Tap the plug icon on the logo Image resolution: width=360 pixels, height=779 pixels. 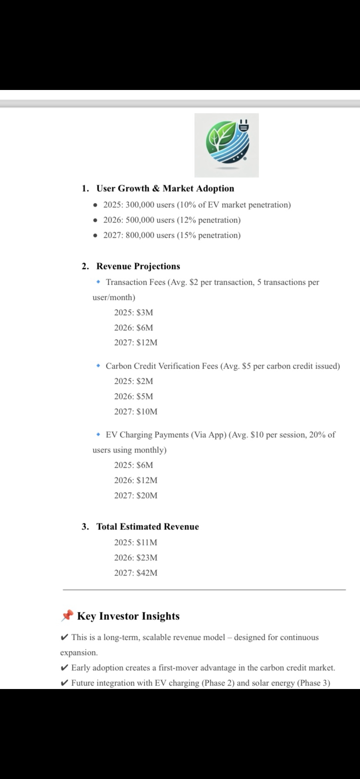tap(243, 126)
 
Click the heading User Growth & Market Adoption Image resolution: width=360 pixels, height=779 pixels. tap(165, 189)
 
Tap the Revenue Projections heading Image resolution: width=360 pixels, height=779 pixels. tap(138, 266)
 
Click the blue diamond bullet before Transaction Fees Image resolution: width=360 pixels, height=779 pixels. tap(99, 282)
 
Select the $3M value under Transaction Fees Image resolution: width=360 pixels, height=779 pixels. tap(145, 313)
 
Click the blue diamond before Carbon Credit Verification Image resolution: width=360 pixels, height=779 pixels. tap(99, 366)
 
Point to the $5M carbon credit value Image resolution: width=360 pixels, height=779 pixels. tap(145, 396)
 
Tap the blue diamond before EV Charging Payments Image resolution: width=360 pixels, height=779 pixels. tap(99, 435)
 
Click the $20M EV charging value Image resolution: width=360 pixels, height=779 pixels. tap(147, 496)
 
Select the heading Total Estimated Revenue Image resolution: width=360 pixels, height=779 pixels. tap(147, 527)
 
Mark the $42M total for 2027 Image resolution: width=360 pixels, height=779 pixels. tap(147, 573)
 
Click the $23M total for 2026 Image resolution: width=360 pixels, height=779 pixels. tap(147, 558)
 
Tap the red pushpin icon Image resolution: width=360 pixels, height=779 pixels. tap(67, 616)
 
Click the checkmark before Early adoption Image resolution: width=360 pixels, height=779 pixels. tap(64, 668)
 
